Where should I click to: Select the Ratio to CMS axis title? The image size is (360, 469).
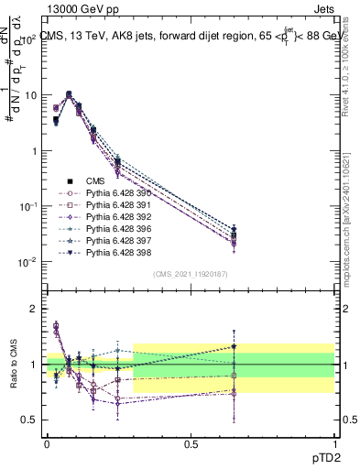[14, 364]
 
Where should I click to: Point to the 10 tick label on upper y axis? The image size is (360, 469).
[30, 95]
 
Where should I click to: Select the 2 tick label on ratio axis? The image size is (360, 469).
[33, 309]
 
